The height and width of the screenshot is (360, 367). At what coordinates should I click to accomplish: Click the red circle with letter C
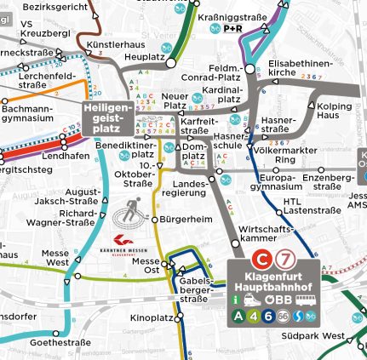266,258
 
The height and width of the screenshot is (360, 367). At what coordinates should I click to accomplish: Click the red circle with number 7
288,258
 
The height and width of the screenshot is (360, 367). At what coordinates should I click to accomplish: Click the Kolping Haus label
334,110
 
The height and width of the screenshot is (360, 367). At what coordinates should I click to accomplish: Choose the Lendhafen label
60,156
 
